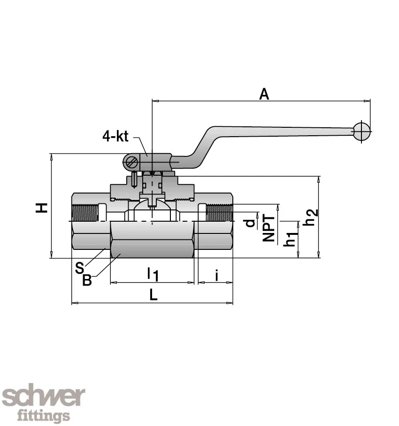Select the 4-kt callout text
[115, 137]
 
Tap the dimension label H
[43, 207]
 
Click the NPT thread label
[269, 228]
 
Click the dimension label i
[216, 275]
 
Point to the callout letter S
[79, 268]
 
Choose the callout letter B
[87, 280]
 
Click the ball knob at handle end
[362, 132]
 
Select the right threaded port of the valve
[219, 213]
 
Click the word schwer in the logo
[44, 397]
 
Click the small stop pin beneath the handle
[135, 179]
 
